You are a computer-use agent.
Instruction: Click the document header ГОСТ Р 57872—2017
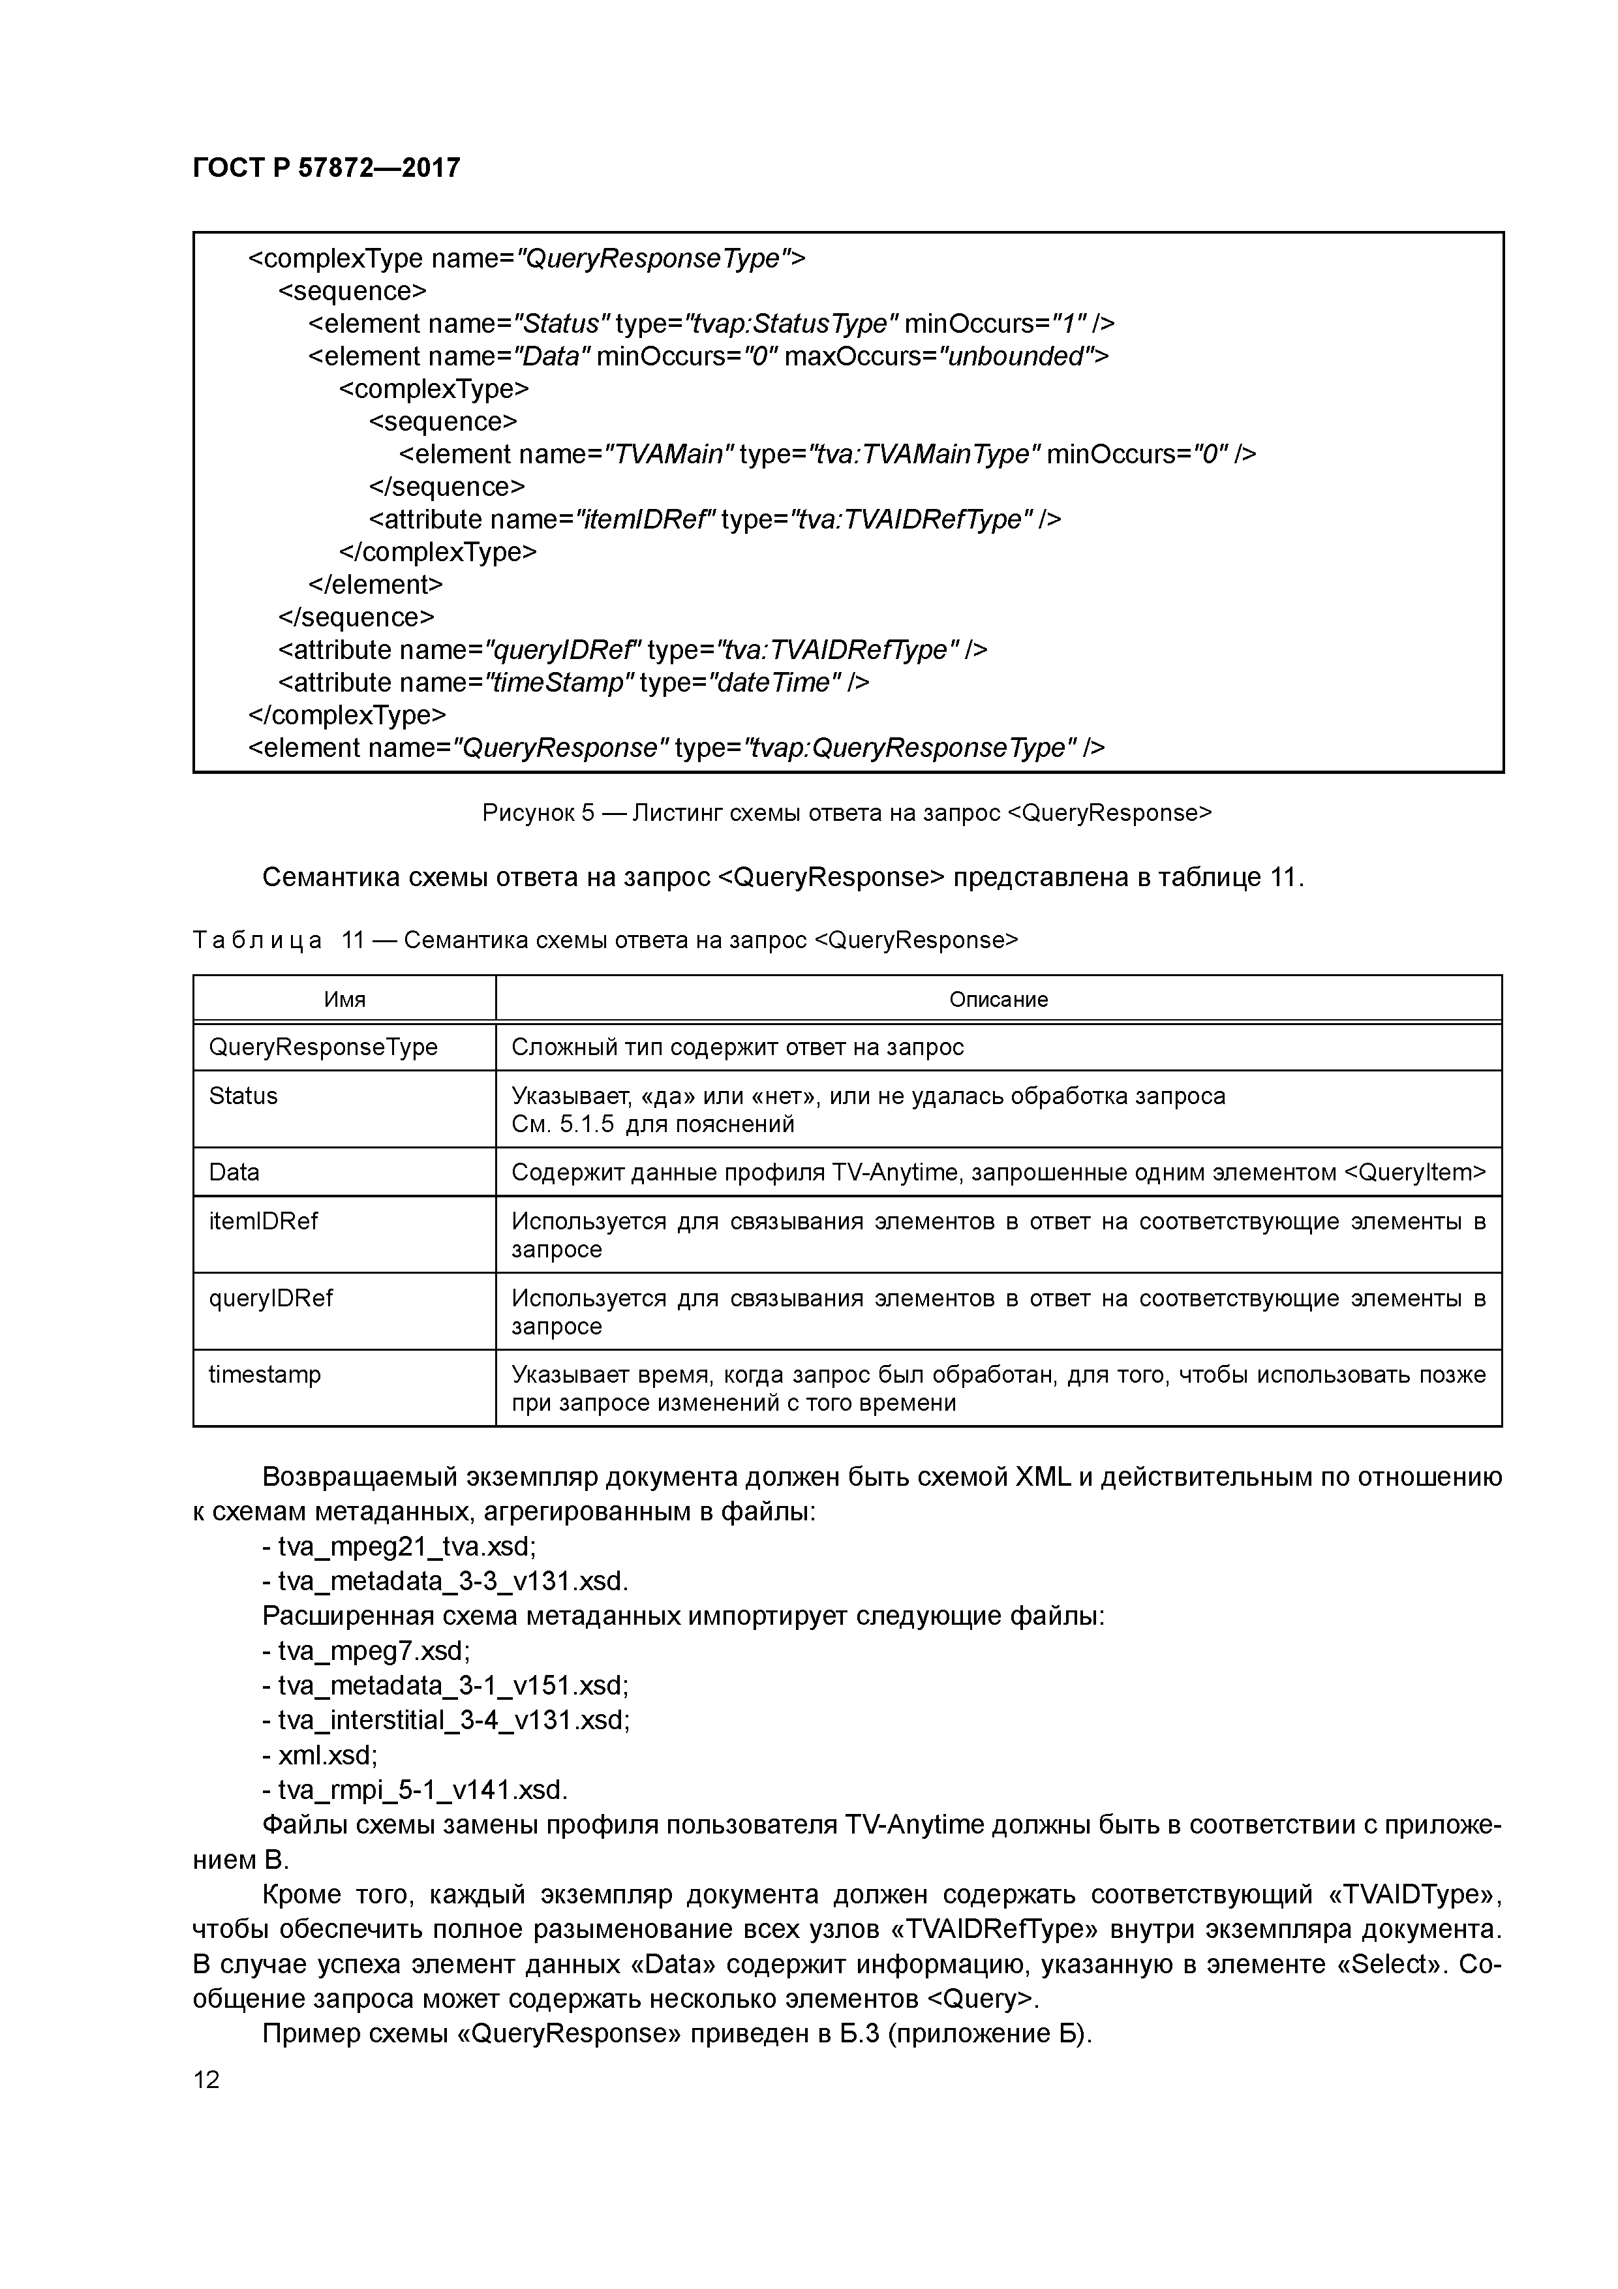(x=326, y=168)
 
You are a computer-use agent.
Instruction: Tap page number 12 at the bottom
(x=206, y=2079)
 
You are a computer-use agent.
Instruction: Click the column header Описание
(x=998, y=999)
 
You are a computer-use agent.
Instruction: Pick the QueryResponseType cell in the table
(x=323, y=1047)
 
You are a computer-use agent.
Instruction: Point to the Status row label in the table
(x=243, y=1096)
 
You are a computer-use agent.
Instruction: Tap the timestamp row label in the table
(x=264, y=1375)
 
